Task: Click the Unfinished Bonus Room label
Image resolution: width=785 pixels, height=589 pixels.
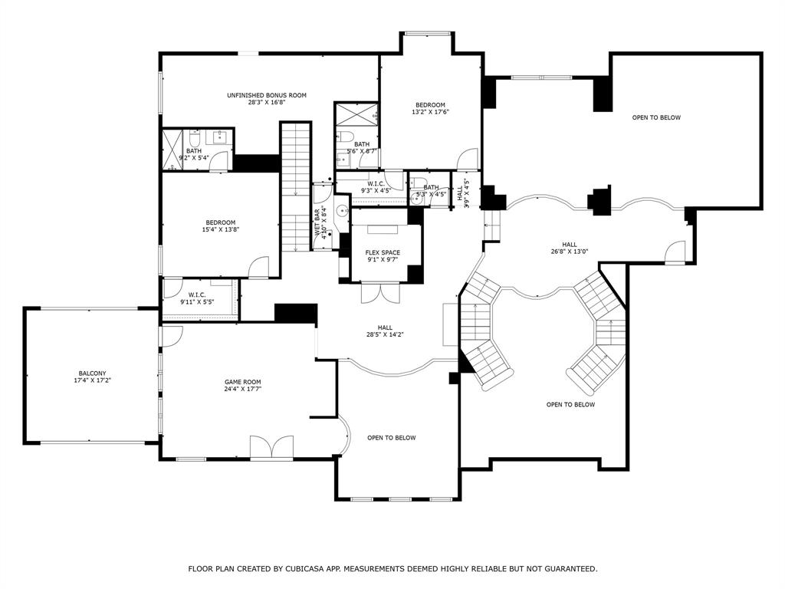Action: pyautogui.click(x=266, y=95)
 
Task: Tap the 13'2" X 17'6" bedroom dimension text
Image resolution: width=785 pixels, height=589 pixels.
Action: pyautogui.click(x=430, y=112)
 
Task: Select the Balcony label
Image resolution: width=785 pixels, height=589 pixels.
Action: pyautogui.click(x=92, y=373)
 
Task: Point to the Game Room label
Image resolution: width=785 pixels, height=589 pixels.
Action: pyautogui.click(x=242, y=382)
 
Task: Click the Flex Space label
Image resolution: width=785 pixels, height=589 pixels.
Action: pyautogui.click(x=383, y=252)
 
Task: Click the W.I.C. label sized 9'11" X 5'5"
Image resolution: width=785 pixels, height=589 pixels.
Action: pyautogui.click(x=196, y=294)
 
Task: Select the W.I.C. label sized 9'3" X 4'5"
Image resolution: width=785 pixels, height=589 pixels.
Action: pyautogui.click(x=376, y=183)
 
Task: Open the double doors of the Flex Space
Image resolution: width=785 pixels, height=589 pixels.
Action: pyautogui.click(x=381, y=293)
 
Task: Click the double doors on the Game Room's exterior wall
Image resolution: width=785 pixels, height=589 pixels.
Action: pyautogui.click(x=271, y=448)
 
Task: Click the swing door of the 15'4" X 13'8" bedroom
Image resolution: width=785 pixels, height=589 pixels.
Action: pyautogui.click(x=258, y=267)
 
